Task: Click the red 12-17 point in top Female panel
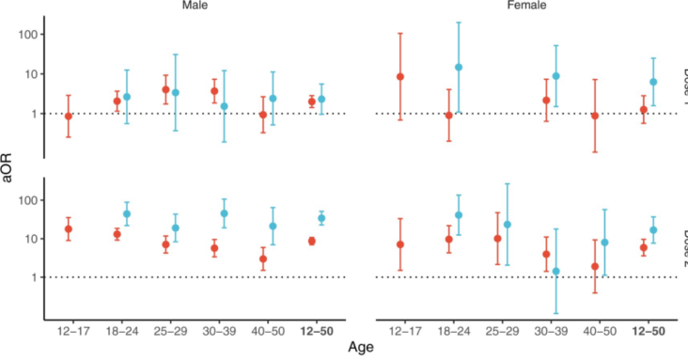click(x=400, y=77)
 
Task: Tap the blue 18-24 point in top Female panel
click(x=459, y=68)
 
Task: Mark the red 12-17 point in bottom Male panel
click(x=69, y=229)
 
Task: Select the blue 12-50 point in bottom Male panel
click(x=321, y=218)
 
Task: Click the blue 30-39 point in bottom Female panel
click(x=555, y=272)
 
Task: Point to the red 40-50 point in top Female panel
click(x=595, y=116)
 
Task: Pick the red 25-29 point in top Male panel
click(x=165, y=90)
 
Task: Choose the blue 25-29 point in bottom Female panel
click(x=507, y=225)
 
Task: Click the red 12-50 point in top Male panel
click(x=312, y=102)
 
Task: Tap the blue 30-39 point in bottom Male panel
click(x=224, y=213)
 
